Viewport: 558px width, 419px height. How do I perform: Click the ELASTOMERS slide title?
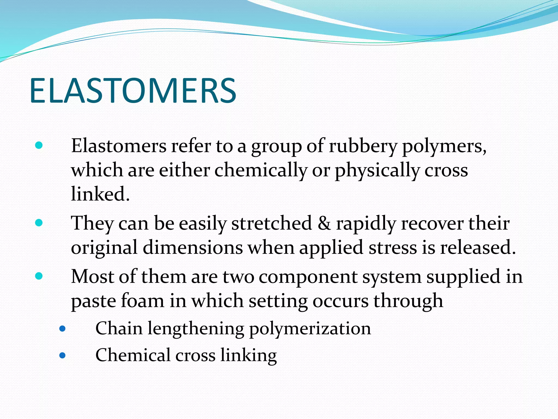click(x=133, y=91)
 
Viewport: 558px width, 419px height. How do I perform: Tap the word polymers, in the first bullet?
click(x=444, y=146)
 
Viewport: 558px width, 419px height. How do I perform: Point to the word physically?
click(x=377, y=170)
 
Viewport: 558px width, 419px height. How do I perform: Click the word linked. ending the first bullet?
click(x=100, y=194)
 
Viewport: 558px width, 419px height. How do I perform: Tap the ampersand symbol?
click(x=324, y=223)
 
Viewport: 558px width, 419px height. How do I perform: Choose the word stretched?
click(x=271, y=223)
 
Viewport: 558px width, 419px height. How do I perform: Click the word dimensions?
click(x=193, y=247)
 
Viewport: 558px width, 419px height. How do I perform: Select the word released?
click(x=478, y=247)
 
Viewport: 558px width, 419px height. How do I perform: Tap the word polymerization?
click(x=310, y=328)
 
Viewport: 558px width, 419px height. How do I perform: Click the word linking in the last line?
click(x=248, y=355)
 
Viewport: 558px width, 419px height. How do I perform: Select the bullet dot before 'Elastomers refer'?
click(x=39, y=145)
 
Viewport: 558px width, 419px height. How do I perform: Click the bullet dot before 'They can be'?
click(x=39, y=223)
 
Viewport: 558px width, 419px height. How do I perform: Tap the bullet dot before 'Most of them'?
click(x=39, y=276)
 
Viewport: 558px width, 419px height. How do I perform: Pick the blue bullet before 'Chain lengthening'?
click(x=62, y=329)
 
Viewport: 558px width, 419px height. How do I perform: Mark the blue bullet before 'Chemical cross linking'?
click(x=62, y=355)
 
